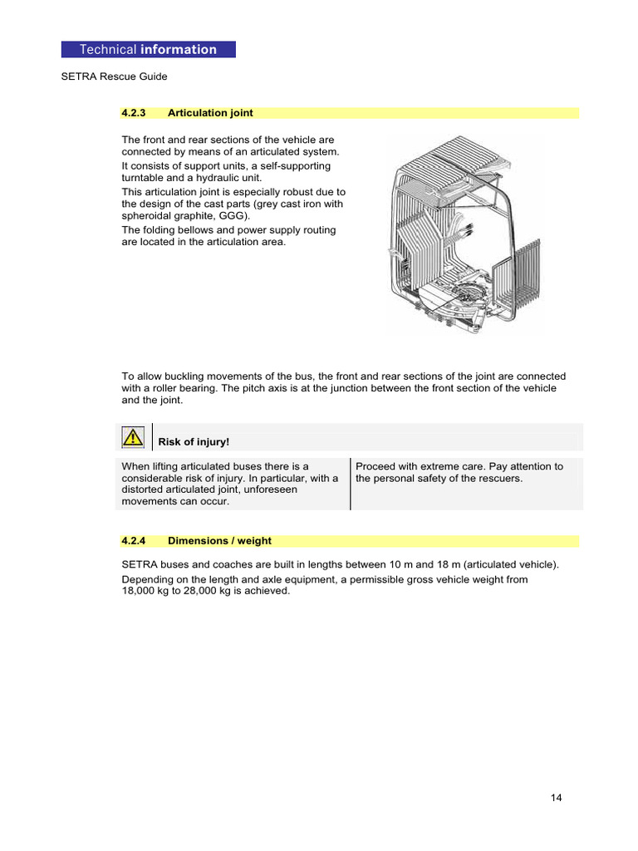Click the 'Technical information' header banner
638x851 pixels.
click(x=148, y=50)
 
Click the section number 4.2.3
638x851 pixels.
click(x=134, y=113)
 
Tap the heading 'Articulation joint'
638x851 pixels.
click(x=210, y=113)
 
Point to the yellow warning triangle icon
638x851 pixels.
click(x=131, y=437)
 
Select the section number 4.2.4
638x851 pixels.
click(x=134, y=541)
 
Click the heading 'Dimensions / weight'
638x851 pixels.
click(x=219, y=541)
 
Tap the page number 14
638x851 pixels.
click(x=556, y=799)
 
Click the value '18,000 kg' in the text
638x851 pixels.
click(x=147, y=592)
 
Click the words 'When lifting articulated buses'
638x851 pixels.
click(x=193, y=466)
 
